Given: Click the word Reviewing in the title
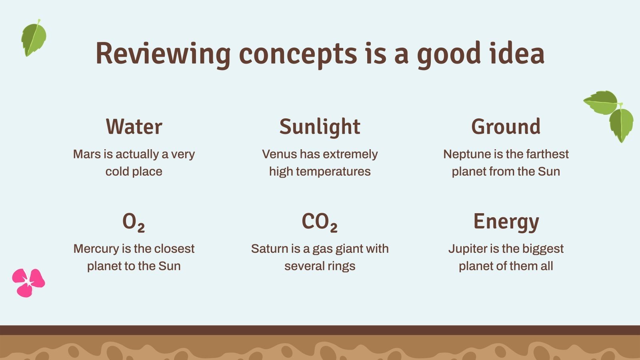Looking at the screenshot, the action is point(163,54).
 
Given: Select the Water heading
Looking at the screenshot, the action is point(134,126).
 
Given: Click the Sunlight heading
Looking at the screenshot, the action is point(320,127).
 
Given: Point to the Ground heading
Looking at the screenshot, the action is point(506,126).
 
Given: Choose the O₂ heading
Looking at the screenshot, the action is point(134,222).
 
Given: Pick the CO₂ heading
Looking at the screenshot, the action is point(320,222).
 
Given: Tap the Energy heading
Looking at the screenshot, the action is point(506,222).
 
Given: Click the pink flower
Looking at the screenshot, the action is point(28,283).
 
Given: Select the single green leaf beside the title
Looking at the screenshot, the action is point(34,38).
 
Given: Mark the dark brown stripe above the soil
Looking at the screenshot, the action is point(320,330).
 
